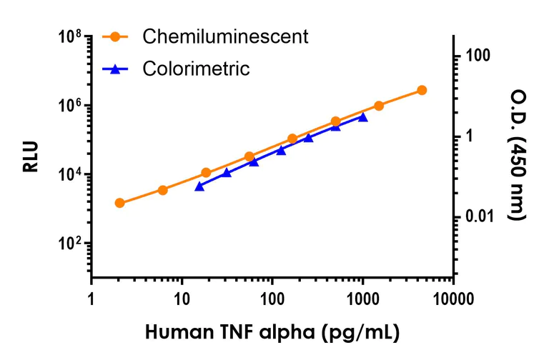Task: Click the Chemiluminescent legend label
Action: [x=225, y=36]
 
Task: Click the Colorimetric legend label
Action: [x=196, y=69]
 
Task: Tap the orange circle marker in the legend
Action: [x=117, y=36]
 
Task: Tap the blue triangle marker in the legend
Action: [x=117, y=69]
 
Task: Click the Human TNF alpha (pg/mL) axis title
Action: [x=272, y=333]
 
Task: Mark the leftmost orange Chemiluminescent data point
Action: [x=119, y=203]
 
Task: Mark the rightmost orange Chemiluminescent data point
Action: [x=422, y=90]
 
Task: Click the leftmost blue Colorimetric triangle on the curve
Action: [x=199, y=186]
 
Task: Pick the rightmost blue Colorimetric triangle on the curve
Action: [x=363, y=117]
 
